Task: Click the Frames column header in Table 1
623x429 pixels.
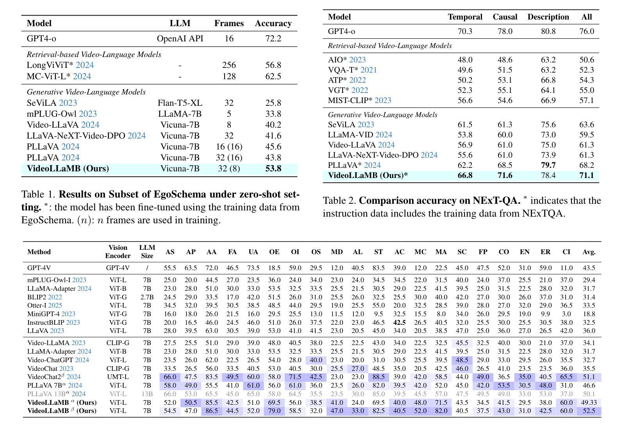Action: click(229, 23)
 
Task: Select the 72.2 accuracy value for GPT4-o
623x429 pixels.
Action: click(273, 38)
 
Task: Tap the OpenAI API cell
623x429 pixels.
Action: click(180, 38)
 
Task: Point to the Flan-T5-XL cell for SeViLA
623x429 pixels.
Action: click(180, 103)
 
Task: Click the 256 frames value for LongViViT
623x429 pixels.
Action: click(229, 65)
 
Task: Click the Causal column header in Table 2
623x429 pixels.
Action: click(505, 17)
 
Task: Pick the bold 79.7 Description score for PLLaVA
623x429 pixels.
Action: click(548, 165)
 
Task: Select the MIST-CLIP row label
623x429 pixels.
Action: click(350, 100)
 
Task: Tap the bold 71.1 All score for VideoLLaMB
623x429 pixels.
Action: click(587, 175)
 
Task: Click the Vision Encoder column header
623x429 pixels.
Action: click(118, 252)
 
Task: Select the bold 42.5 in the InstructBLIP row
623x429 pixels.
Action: click(400, 322)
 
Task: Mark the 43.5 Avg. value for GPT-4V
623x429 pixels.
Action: click(589, 268)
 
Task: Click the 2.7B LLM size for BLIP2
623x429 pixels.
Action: click(147, 297)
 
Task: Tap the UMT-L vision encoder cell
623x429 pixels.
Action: click(118, 377)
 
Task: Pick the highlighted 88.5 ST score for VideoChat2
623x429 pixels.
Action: click(378, 377)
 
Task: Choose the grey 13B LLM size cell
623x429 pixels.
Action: click(147, 394)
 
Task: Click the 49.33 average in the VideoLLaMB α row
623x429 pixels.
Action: click(589, 402)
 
